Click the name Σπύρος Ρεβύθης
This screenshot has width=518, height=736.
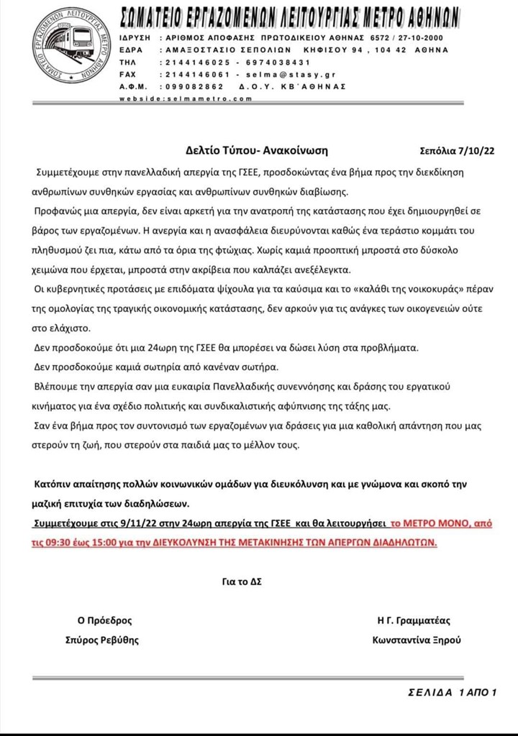point(109,640)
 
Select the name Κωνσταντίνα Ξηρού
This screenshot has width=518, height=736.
point(417,640)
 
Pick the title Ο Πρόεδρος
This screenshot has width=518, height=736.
point(105,621)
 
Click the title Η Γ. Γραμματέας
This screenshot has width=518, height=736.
point(414,621)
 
